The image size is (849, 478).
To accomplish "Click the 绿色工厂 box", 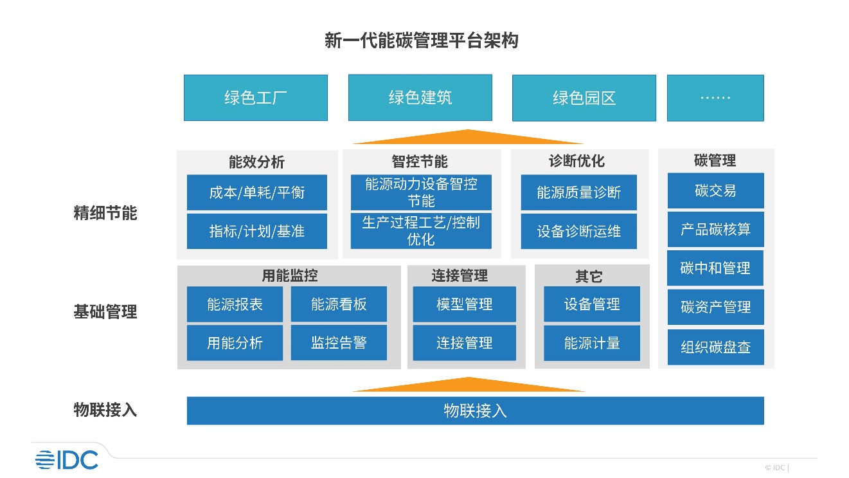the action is (256, 98).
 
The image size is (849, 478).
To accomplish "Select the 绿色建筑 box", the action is (420, 98).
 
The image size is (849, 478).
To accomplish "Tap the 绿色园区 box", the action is (584, 98).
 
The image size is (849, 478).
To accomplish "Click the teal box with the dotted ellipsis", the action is (715, 98).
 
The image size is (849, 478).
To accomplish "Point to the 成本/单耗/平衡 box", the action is (257, 192).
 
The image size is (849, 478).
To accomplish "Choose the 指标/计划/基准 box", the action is (257, 231).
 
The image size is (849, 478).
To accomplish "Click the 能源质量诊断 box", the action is (579, 192).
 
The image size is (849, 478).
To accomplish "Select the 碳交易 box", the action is (715, 190).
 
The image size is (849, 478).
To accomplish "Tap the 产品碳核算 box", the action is (715, 229).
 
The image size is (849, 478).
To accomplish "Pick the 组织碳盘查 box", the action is (715, 347).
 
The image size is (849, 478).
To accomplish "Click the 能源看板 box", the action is (339, 304).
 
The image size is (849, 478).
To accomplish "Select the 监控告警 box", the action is (339, 342).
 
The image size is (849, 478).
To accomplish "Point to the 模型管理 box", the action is (464, 304).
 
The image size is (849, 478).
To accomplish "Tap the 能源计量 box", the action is (592, 343).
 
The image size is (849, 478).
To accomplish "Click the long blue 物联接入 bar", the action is (476, 410).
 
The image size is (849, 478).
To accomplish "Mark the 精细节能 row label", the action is (105, 213).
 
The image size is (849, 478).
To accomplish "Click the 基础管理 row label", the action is (105, 312).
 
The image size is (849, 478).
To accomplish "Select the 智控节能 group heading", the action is (420, 161).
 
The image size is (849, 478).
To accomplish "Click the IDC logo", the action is (67, 460).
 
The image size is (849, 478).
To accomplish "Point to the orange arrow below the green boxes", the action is (468, 137).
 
